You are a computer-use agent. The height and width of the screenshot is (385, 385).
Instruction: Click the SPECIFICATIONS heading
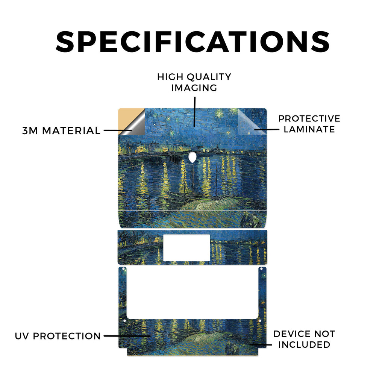coord(192,42)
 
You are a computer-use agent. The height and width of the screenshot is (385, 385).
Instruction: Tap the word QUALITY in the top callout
coord(209,77)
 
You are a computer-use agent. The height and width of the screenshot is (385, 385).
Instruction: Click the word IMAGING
coord(194,88)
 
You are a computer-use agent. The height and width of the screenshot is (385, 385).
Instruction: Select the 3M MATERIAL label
coord(61,130)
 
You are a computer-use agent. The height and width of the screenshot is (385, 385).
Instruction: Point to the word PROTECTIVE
coord(309,118)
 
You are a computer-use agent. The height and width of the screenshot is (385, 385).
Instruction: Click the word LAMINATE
coord(309,129)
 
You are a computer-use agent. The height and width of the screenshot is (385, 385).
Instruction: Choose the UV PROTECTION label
coord(58,336)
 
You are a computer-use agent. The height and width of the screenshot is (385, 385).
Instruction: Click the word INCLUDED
coord(304,345)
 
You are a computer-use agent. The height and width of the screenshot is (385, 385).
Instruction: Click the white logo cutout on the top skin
coord(192,157)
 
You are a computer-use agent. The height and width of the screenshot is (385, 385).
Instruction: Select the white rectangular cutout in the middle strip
coord(186,248)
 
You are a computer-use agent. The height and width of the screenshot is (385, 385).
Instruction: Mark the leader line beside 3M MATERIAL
coord(118,130)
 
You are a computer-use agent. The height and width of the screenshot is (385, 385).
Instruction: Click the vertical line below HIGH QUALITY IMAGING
coord(194,112)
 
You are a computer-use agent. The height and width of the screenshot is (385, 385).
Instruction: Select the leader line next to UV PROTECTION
coord(127,336)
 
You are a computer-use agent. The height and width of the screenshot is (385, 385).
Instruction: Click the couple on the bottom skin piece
coord(232,349)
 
